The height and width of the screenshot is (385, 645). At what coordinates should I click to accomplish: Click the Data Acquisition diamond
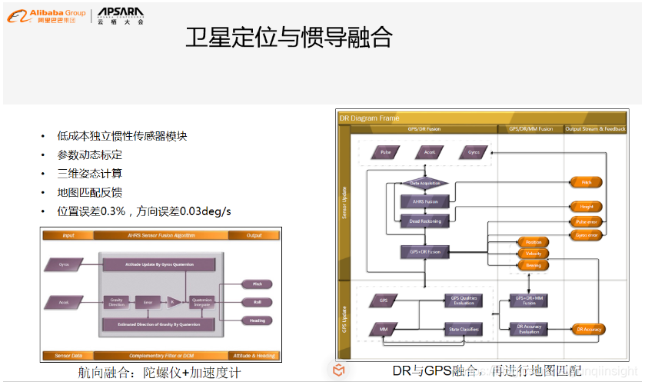tap(424, 184)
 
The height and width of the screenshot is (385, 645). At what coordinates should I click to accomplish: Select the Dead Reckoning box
tap(424, 221)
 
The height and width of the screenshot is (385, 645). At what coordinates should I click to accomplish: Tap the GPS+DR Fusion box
tap(424, 251)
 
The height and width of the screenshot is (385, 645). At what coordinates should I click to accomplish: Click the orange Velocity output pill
tap(534, 254)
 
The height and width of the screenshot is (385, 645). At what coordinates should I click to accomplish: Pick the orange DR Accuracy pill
tap(588, 330)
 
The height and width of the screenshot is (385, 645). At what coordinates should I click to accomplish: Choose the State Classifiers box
tap(464, 330)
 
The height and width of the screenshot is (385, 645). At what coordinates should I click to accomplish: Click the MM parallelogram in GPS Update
tap(384, 330)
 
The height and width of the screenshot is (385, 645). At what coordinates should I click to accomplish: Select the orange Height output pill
tap(587, 207)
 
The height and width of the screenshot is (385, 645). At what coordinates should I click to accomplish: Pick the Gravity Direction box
tap(116, 302)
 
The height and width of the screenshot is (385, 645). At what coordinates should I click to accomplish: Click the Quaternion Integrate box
tap(201, 302)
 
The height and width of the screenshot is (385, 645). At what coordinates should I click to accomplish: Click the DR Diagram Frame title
tap(371, 118)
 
